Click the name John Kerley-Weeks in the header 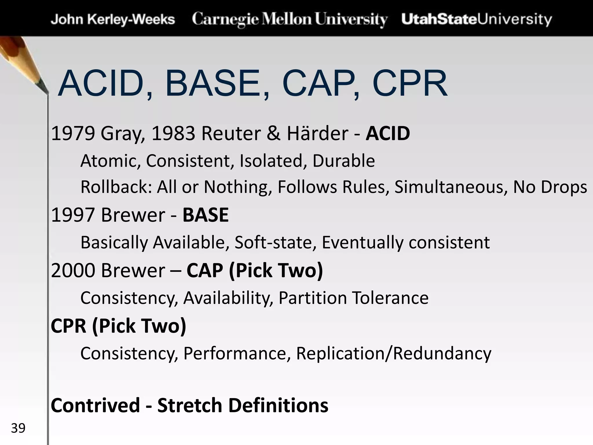(x=113, y=20)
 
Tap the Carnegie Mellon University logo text (x=290, y=19)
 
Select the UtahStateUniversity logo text (x=477, y=19)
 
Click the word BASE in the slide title (x=213, y=84)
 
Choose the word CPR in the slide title (x=410, y=84)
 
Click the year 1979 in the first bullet (x=73, y=134)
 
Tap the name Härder (x=317, y=134)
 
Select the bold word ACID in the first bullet (x=388, y=134)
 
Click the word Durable (x=343, y=161)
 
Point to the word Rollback (x=116, y=187)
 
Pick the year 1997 (x=73, y=215)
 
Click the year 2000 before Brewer (x=73, y=271)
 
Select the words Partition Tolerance (x=353, y=298)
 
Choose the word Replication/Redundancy (x=393, y=353)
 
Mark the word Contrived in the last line (x=96, y=405)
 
